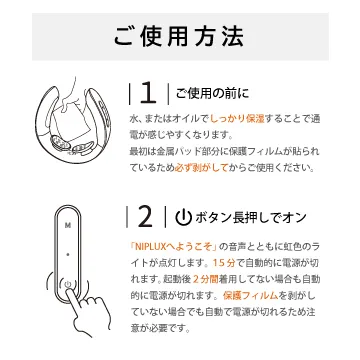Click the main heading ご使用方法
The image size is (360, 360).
pos(179,36)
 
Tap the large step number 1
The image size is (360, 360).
pos(148,94)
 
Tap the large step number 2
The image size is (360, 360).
pos(145,217)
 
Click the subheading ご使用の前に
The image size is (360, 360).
pos(212,94)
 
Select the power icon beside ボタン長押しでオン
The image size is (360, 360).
pos(184,218)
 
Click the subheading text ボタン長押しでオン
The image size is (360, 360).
pos(251,218)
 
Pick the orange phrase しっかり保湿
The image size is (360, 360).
pos(237,119)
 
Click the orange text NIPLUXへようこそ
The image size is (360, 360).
pos(173,247)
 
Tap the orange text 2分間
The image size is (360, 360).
pos(206,279)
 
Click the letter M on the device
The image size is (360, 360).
pos(68,225)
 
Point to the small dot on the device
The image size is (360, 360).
pos(68,255)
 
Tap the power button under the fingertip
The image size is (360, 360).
pos(68,284)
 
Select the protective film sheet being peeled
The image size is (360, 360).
pos(73,122)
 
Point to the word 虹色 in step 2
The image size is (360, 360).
pos(289,247)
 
